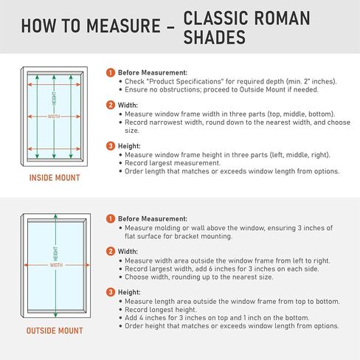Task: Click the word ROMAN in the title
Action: point(282,18)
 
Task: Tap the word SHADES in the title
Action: point(215,37)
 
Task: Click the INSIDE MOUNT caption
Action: point(55,178)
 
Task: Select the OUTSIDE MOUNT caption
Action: point(55,330)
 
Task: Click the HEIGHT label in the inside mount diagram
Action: point(54,99)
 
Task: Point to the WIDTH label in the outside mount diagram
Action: point(56,265)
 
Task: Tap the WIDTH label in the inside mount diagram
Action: point(54,117)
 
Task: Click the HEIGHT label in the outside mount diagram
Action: point(55,254)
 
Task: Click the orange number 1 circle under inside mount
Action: point(111,72)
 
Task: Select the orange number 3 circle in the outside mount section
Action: point(111,292)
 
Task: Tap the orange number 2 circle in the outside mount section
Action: point(111,252)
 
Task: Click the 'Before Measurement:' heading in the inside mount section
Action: point(153,72)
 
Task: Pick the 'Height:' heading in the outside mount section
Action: point(129,292)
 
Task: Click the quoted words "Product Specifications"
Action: point(185,81)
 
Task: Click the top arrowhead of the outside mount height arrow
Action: point(55,216)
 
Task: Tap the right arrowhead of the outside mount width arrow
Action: point(87,265)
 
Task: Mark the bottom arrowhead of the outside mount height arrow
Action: point(55,315)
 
